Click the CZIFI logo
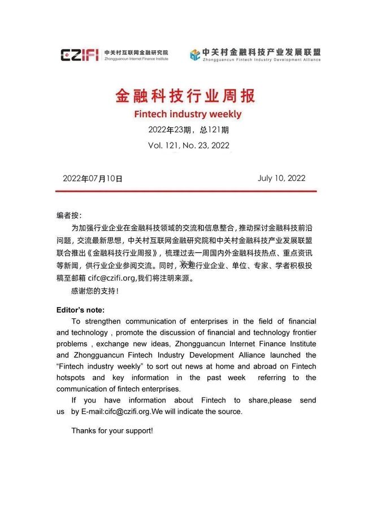point(79,54)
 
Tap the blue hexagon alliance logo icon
point(195,54)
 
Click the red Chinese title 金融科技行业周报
point(186,94)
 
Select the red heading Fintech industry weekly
point(188,114)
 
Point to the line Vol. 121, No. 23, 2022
point(188,145)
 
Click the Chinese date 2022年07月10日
point(93,178)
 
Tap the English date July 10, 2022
point(281,178)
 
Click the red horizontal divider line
point(186,191)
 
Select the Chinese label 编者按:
point(69,215)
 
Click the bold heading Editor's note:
point(80,310)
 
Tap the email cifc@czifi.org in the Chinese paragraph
point(111,278)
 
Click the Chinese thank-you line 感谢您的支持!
point(95,291)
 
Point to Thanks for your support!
point(112,430)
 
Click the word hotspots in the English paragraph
point(71,377)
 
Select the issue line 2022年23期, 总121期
point(188,129)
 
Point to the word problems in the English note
point(72,344)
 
